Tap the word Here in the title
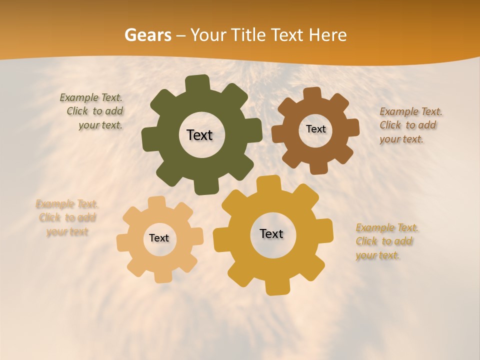coord(328,35)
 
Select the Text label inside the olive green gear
coord(200,135)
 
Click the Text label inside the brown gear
coord(315,129)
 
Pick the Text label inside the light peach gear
coord(159,238)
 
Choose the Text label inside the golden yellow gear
coord(271,233)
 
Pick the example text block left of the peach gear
coord(67,218)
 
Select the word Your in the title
coord(209,35)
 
